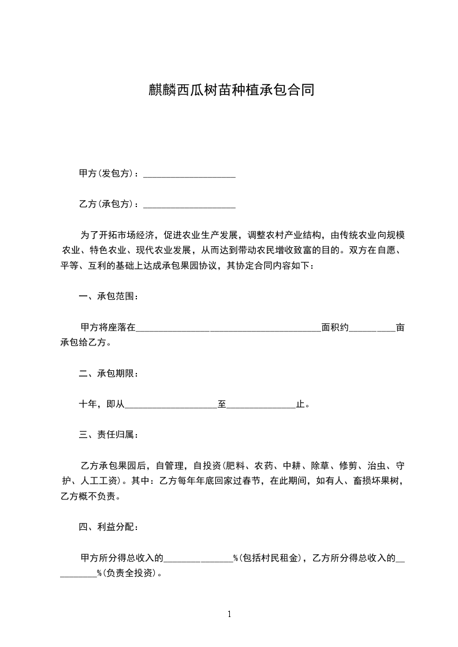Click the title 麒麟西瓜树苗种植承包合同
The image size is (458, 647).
[x=229, y=91]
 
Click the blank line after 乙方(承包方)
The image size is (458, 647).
[x=189, y=205]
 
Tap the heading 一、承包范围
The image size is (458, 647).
[x=109, y=297]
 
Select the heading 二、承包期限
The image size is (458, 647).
[x=109, y=374]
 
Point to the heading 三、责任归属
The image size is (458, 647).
[x=109, y=434]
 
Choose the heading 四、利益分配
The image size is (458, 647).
[x=109, y=527]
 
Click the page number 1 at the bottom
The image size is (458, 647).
[x=229, y=614]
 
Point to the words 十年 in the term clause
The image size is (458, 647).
[x=88, y=404]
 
